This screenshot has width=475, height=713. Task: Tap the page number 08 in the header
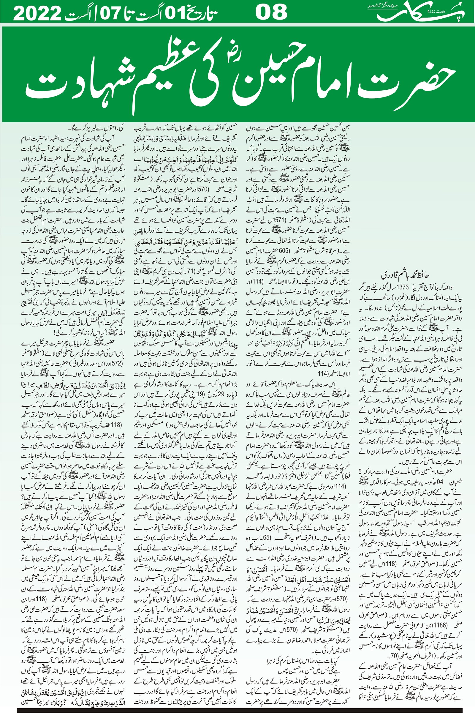pos(272,13)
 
